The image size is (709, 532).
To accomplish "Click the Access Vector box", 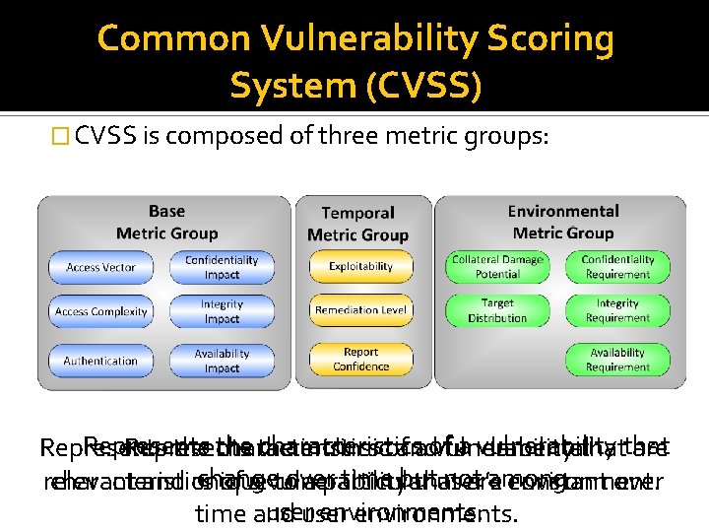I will pyautogui.click(x=100, y=267).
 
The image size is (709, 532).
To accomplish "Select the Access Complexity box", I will pyautogui.click(x=100, y=311).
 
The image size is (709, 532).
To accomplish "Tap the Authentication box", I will pyautogui.click(x=100, y=361).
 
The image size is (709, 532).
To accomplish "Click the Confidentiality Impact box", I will pyautogui.click(x=222, y=267).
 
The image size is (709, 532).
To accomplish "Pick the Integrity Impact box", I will pyautogui.click(x=222, y=311).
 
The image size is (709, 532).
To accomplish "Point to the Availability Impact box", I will pyautogui.click(x=222, y=361).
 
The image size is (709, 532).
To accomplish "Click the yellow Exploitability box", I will pyautogui.click(x=360, y=266).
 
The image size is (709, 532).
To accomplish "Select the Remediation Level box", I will pyautogui.click(x=360, y=310).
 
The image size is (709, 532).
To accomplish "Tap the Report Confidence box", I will pyautogui.click(x=360, y=359).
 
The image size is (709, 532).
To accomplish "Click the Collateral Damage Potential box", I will pyautogui.click(x=497, y=267).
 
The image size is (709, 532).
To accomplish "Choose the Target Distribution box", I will pyautogui.click(x=497, y=311).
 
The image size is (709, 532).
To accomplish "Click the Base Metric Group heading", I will pyautogui.click(x=165, y=222).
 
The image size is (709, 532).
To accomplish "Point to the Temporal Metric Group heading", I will pyautogui.click(x=357, y=224).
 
